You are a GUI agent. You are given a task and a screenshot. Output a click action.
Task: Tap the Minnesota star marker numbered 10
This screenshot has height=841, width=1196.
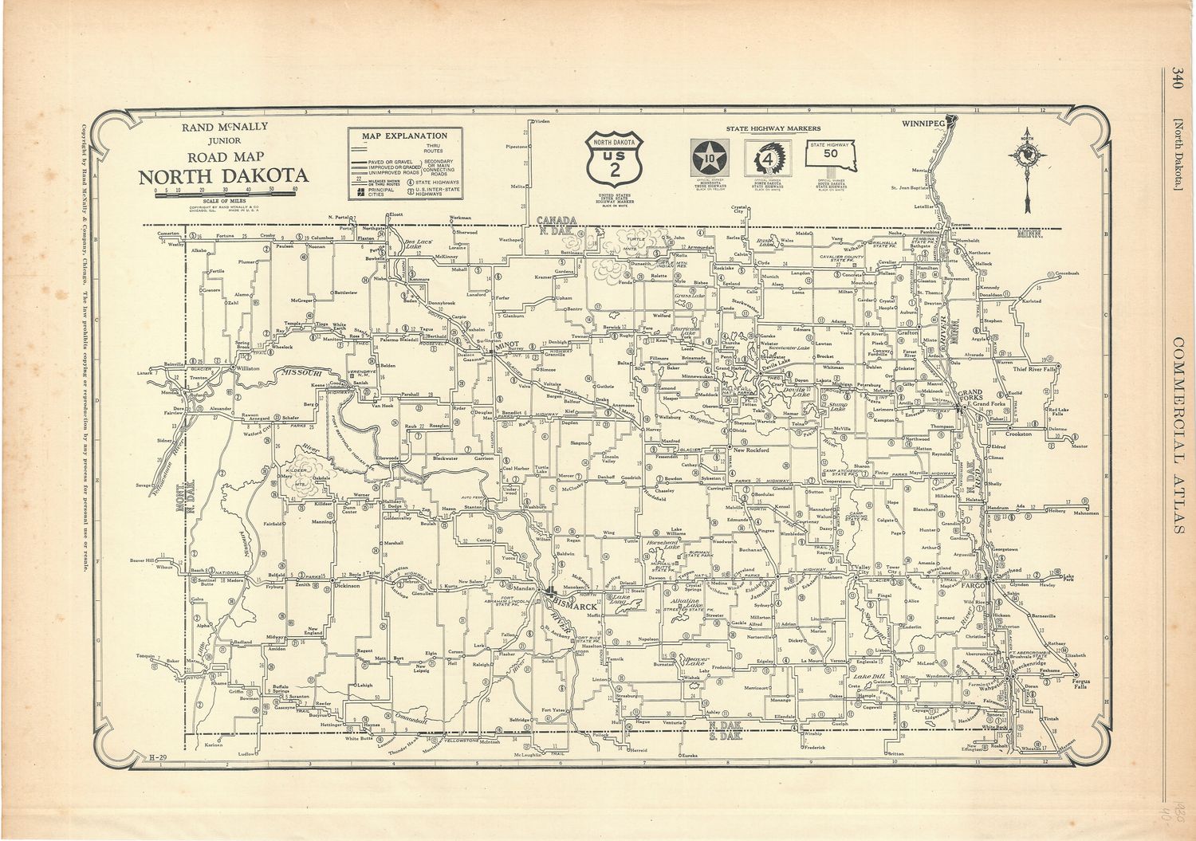click(707, 157)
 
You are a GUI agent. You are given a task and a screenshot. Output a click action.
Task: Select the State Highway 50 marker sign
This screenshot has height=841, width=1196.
click(830, 158)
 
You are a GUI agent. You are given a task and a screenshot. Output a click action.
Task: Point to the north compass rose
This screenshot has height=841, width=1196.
click(1029, 157)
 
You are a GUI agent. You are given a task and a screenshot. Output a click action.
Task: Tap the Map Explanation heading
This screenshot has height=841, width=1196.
click(404, 136)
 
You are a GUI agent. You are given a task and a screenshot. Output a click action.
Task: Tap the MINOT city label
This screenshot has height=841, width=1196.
click(507, 348)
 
